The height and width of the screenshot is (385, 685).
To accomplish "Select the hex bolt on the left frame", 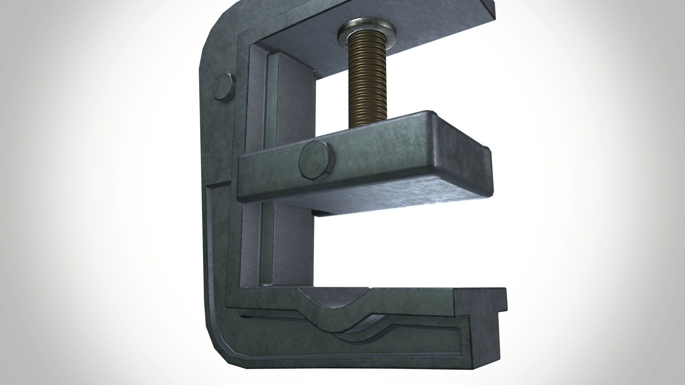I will (224, 89).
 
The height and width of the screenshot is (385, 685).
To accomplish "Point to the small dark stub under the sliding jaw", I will (321, 213).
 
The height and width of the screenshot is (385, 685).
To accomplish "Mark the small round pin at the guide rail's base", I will (266, 285).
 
